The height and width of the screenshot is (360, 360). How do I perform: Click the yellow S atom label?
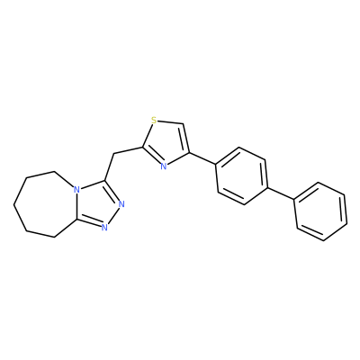[154, 121]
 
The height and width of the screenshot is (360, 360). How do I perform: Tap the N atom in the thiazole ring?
[163, 166]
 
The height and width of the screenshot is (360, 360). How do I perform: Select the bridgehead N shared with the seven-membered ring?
[77, 190]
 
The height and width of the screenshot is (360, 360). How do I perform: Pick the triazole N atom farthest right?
[121, 204]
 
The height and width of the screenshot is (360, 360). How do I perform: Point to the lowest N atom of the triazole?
[104, 228]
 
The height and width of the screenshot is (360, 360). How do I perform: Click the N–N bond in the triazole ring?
[112, 216]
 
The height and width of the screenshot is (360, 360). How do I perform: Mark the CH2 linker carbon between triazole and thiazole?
[113, 154]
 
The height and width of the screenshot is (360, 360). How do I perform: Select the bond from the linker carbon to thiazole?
[129, 150]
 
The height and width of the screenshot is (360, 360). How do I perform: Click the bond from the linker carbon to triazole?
[110, 167]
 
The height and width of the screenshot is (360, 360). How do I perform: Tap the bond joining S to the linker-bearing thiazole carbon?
[148, 135]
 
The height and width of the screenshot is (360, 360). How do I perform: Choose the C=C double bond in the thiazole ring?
[186, 139]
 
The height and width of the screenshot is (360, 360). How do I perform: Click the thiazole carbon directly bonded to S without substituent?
[183, 123]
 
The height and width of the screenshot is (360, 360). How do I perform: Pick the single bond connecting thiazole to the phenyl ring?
[202, 158]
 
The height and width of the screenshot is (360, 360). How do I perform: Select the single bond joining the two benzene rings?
[281, 193]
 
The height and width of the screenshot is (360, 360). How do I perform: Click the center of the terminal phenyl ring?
[320, 211]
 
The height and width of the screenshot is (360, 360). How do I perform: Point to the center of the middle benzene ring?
[242, 176]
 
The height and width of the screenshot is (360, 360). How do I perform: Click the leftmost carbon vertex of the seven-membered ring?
[13, 205]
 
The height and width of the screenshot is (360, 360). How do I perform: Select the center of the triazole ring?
[97, 204]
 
